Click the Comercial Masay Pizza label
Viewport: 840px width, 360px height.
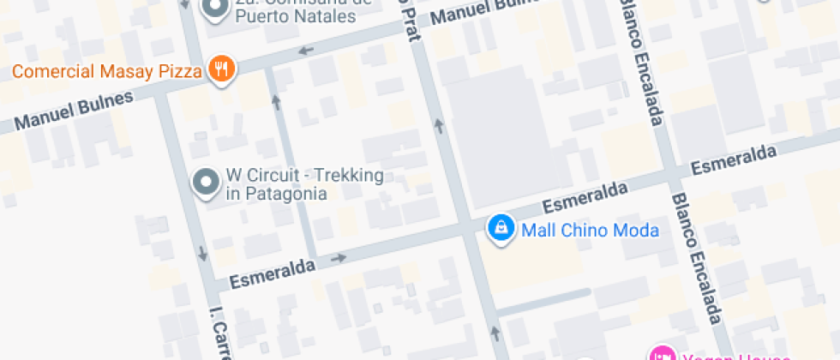[x=106, y=70]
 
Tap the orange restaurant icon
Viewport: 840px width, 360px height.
[x=221, y=69]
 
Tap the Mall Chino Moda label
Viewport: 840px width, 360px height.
[x=590, y=230]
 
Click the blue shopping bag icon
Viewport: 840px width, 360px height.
[x=500, y=228]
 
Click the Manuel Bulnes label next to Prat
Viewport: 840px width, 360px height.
[x=480, y=12]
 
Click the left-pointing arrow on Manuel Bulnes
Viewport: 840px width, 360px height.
[x=306, y=51]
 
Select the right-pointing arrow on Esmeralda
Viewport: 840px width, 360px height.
[x=339, y=257]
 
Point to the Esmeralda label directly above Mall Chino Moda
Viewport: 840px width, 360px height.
[x=584, y=196]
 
